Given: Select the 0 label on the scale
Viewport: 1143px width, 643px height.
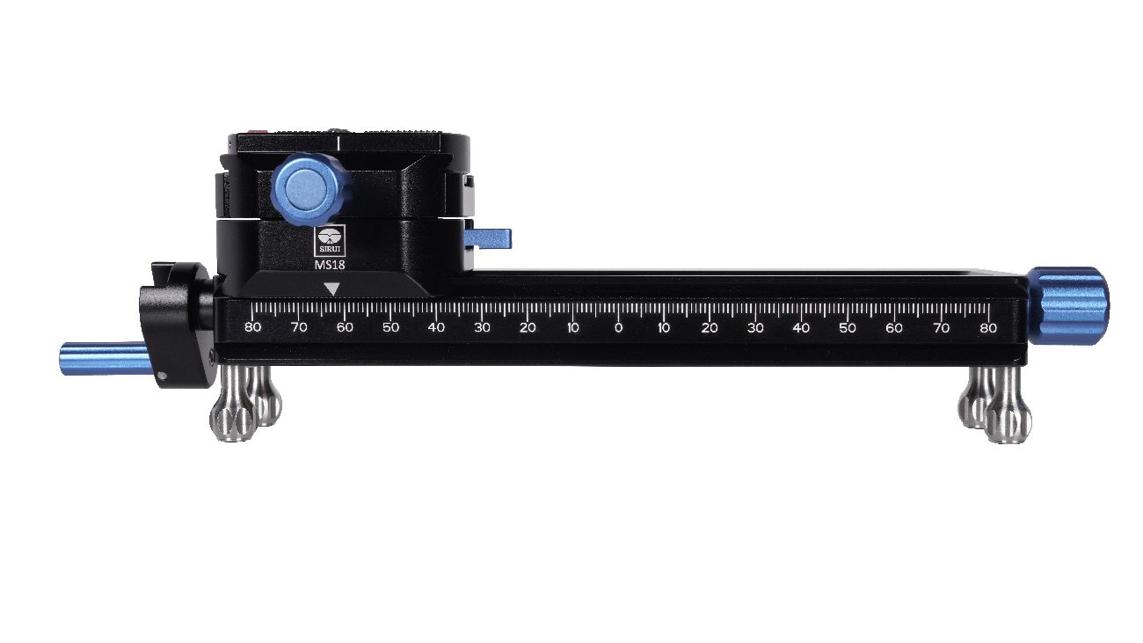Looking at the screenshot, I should pyautogui.click(x=618, y=328).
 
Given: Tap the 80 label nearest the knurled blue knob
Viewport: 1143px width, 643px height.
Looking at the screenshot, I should pyautogui.click(x=987, y=328).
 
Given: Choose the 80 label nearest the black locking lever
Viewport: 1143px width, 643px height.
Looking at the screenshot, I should pyautogui.click(x=252, y=328).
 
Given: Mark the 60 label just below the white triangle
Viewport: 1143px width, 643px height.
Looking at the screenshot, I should pyautogui.click(x=345, y=328).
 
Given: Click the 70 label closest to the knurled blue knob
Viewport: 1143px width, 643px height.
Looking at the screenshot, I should pyautogui.click(x=942, y=328).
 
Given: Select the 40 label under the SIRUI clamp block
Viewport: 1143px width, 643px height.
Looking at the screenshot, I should pyautogui.click(x=436, y=328).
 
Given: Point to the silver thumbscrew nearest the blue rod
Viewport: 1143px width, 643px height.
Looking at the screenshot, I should pyautogui.click(x=233, y=414).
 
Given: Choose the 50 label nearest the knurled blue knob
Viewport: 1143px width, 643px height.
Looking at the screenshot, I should pyautogui.click(x=847, y=328).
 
